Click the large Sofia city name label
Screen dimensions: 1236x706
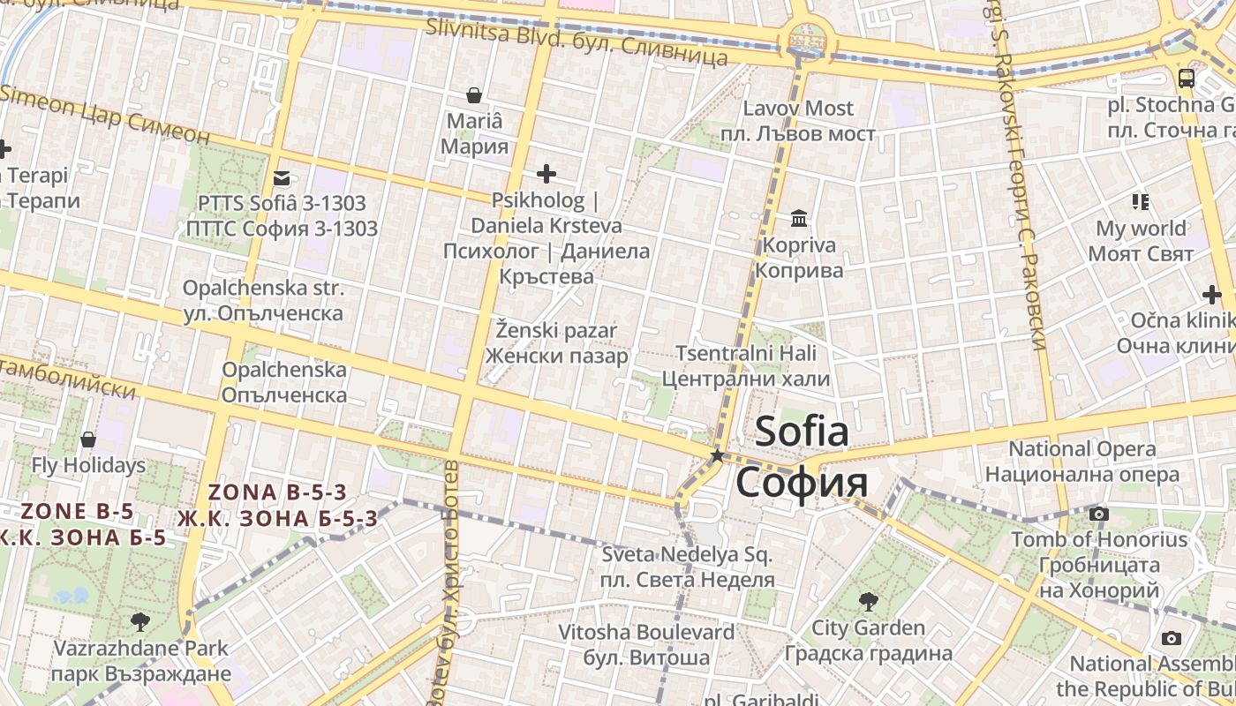[x=802, y=457]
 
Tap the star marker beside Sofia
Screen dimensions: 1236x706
[x=718, y=456]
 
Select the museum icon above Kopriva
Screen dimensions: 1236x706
[x=799, y=218]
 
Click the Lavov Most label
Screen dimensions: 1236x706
[x=798, y=121]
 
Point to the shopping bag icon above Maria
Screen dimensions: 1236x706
[x=474, y=94]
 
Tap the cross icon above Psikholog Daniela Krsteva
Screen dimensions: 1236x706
[x=546, y=174]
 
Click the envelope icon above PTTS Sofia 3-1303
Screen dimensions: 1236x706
[x=282, y=177]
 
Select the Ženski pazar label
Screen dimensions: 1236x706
[x=556, y=343]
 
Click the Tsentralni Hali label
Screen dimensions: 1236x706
[x=746, y=366]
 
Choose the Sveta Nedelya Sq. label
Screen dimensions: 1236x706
[x=687, y=567]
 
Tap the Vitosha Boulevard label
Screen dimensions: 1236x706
[x=646, y=644]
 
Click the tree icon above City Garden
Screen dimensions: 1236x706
[x=869, y=602]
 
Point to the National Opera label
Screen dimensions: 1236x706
[x=1082, y=461]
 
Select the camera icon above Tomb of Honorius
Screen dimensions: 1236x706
[x=1099, y=514]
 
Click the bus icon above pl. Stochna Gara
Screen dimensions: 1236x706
[x=1187, y=78]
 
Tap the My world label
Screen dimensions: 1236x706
[x=1141, y=241]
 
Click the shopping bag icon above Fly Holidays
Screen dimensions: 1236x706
[x=88, y=439]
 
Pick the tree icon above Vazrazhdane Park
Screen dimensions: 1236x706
[x=139, y=622]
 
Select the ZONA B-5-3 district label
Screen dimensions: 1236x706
[x=277, y=505]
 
